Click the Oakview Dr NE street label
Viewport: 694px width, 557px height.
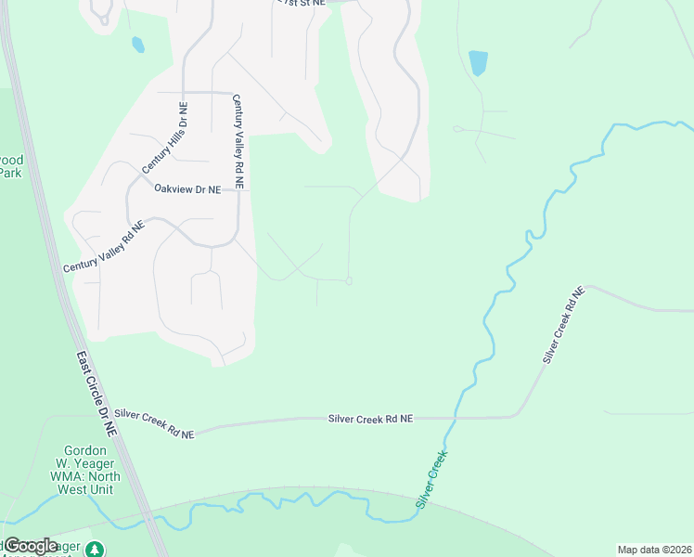(187, 189)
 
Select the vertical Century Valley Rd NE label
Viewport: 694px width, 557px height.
(238, 142)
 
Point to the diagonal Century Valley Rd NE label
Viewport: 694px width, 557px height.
(104, 247)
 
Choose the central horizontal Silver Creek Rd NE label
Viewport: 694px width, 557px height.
(369, 420)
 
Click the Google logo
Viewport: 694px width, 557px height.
(31, 546)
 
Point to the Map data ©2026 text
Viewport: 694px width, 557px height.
(654, 550)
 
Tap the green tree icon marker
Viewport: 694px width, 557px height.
(95, 550)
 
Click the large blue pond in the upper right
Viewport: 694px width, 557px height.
(478, 63)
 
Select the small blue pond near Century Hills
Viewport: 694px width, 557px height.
(138, 44)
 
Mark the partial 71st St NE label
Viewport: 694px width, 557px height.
(303, 3)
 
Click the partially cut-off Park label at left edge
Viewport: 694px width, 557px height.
(10, 166)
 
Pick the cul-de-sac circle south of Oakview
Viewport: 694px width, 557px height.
(348, 282)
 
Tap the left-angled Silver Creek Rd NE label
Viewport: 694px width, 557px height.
(154, 423)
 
